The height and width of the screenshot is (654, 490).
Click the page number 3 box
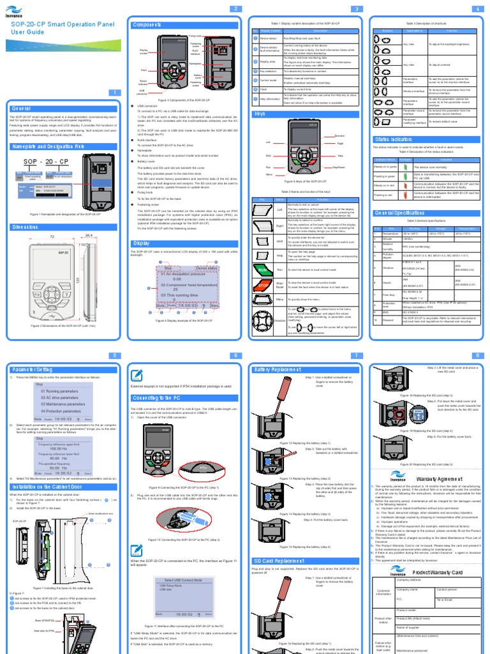point(358,8)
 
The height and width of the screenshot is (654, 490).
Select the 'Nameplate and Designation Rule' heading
point(48,146)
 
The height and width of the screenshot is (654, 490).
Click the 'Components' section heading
point(147,25)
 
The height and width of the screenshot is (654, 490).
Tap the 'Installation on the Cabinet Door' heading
point(50,487)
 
